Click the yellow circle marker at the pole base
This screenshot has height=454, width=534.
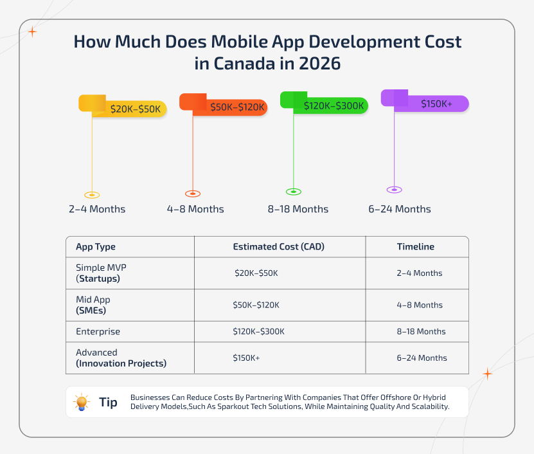coord(93,194)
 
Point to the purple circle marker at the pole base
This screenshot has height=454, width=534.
coord(394,189)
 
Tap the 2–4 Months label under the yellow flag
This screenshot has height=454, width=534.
coord(97,209)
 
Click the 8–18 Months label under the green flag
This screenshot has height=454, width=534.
coord(298,209)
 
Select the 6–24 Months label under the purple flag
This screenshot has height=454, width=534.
coord(400,209)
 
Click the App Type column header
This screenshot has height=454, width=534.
coord(96,247)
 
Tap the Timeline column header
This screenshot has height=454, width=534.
coord(415,247)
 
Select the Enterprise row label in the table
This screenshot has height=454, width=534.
coord(98,332)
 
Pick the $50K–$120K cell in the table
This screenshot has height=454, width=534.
coord(256,305)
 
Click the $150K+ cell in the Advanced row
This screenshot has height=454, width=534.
coord(246,358)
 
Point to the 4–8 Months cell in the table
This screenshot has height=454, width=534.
coord(419,305)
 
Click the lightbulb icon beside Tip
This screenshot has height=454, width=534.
coord(82,403)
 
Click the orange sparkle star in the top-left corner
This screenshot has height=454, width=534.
coord(32,31)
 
